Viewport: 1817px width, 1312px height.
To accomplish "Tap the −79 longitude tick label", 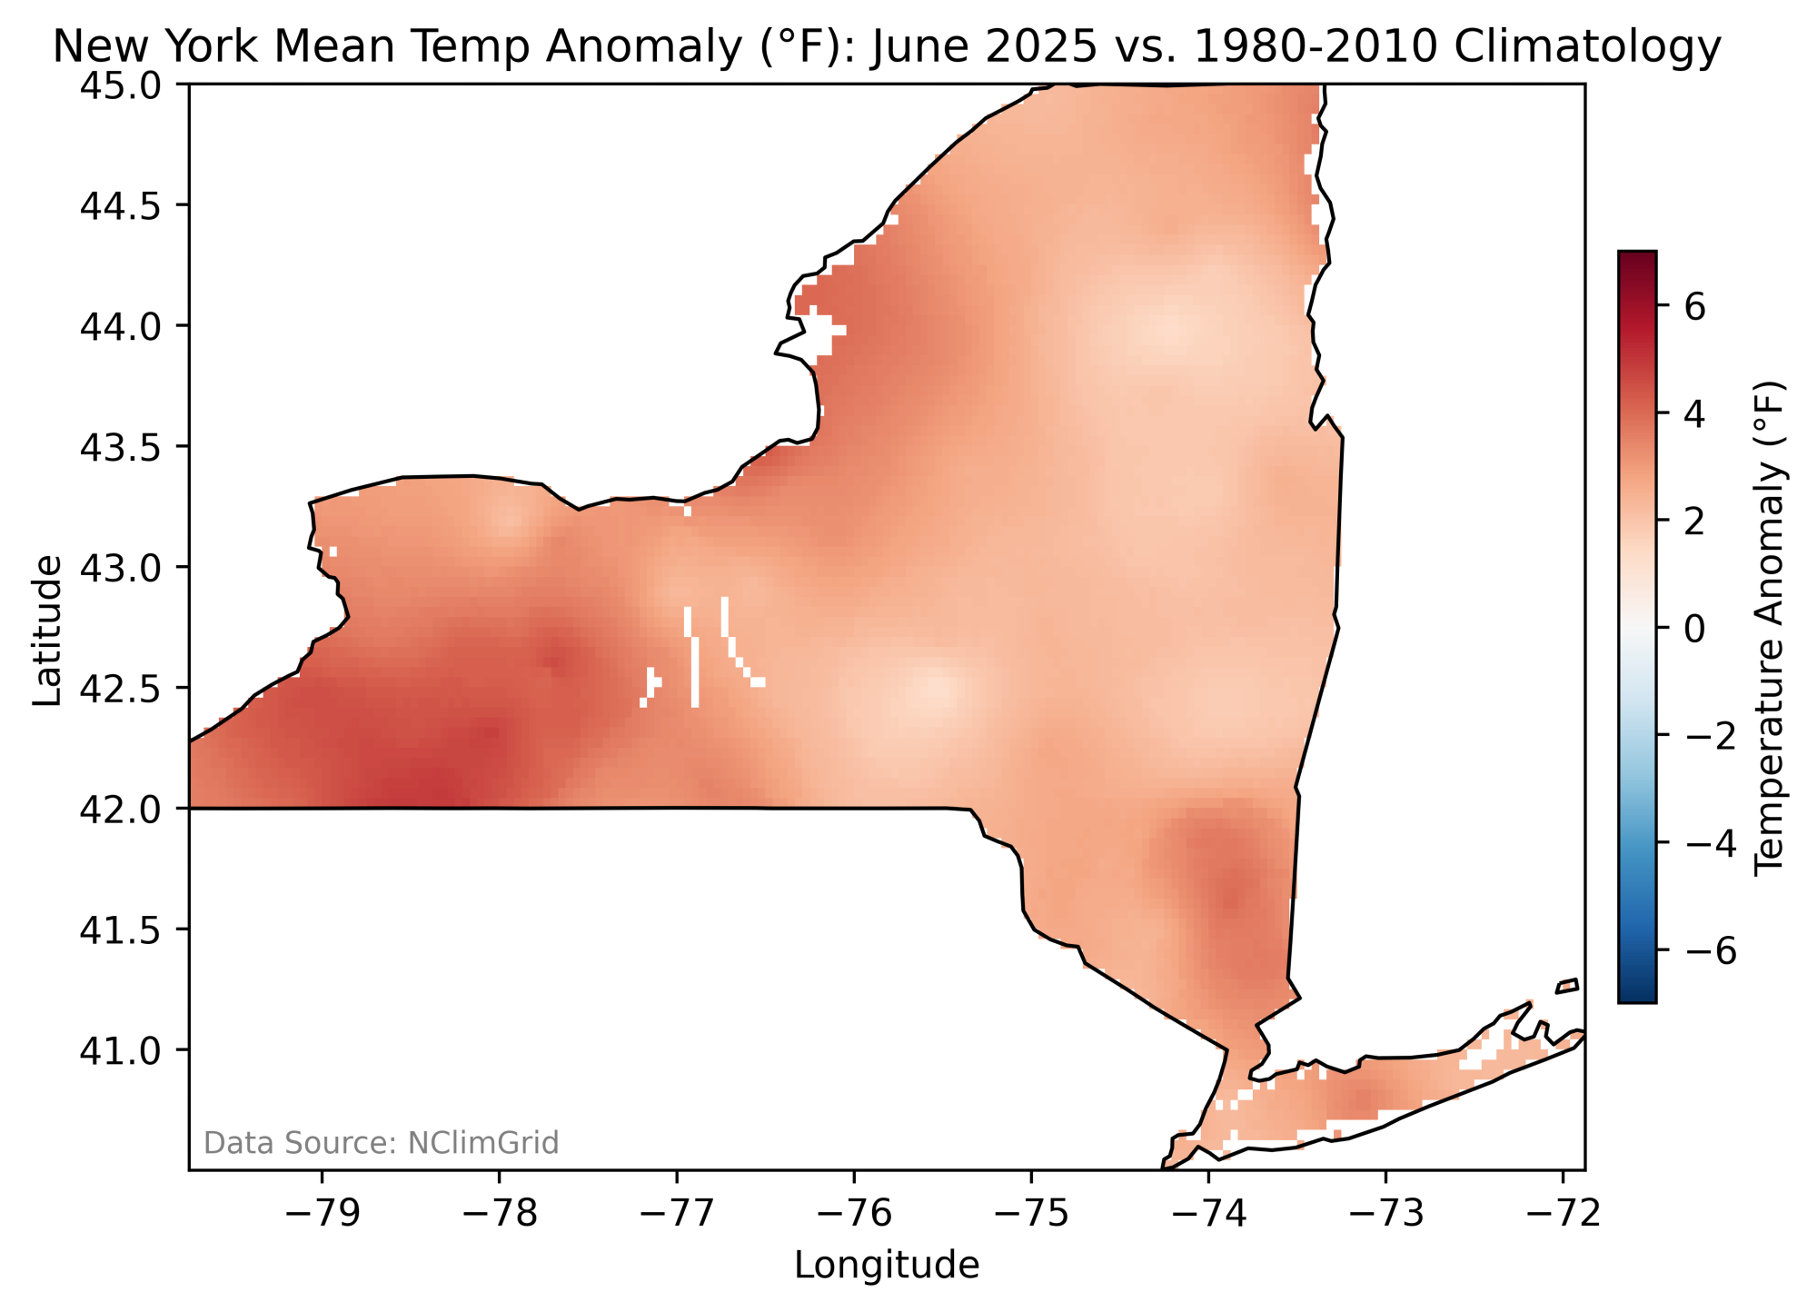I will [321, 1215].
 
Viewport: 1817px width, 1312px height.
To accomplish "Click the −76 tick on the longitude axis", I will [853, 1215].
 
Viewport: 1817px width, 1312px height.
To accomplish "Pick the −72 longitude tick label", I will [1563, 1215].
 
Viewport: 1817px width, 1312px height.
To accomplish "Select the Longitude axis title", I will [887, 1266].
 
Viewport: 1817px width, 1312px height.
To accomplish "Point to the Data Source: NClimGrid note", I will [381, 1143].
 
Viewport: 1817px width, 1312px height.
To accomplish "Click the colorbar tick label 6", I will [1694, 307].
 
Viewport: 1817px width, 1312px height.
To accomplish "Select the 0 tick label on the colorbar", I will [1694, 628].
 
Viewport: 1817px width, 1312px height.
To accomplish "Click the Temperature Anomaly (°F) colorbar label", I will [1769, 628].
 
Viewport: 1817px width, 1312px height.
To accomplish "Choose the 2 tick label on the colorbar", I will [1694, 522].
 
